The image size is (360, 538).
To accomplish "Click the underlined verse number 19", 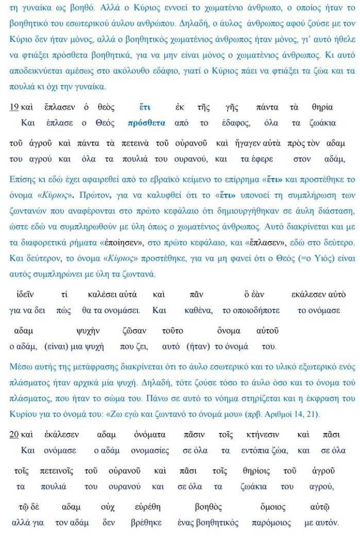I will point(14,107).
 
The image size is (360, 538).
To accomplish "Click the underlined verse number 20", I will point(14,434).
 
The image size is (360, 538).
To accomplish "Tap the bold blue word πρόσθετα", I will point(146,123).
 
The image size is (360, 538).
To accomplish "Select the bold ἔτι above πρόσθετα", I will point(145,107).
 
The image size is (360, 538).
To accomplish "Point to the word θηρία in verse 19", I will point(322,107).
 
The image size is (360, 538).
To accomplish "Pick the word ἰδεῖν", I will point(25,294).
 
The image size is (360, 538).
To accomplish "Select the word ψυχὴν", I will point(88,330).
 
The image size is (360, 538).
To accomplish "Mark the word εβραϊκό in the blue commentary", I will point(163,179).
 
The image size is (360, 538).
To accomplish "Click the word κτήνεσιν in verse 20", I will point(264,434).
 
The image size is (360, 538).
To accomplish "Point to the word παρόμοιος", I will point(269,523).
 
